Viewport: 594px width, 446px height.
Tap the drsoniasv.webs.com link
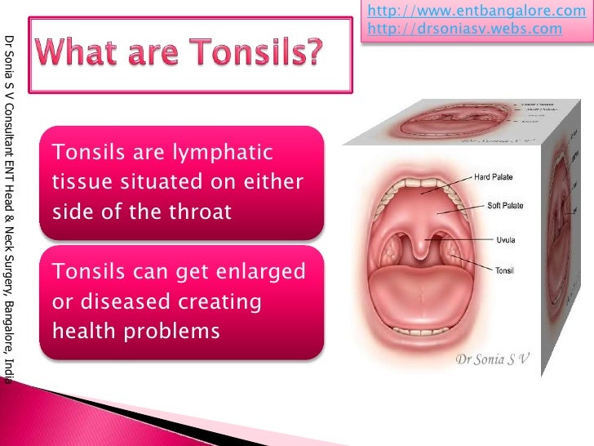(464, 29)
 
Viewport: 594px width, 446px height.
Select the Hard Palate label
(494, 176)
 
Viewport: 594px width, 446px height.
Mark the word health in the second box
(79, 332)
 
